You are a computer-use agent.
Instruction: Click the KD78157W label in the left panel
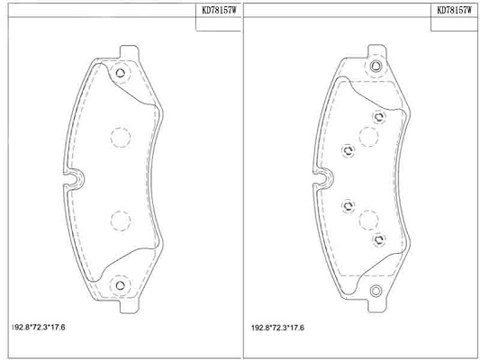click(x=219, y=11)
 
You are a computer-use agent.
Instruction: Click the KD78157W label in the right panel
click(x=454, y=11)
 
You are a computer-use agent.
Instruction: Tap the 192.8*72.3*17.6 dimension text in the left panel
click(x=38, y=328)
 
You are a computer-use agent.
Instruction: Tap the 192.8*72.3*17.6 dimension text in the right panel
click(x=277, y=328)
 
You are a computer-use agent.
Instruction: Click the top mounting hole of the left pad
click(x=121, y=73)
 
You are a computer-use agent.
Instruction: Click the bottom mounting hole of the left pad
click(x=121, y=285)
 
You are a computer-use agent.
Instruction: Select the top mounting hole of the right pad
click(x=376, y=66)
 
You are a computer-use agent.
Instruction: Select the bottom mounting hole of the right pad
click(x=376, y=291)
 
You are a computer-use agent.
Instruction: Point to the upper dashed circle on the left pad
click(x=121, y=138)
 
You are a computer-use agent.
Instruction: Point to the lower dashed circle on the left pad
click(x=121, y=220)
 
